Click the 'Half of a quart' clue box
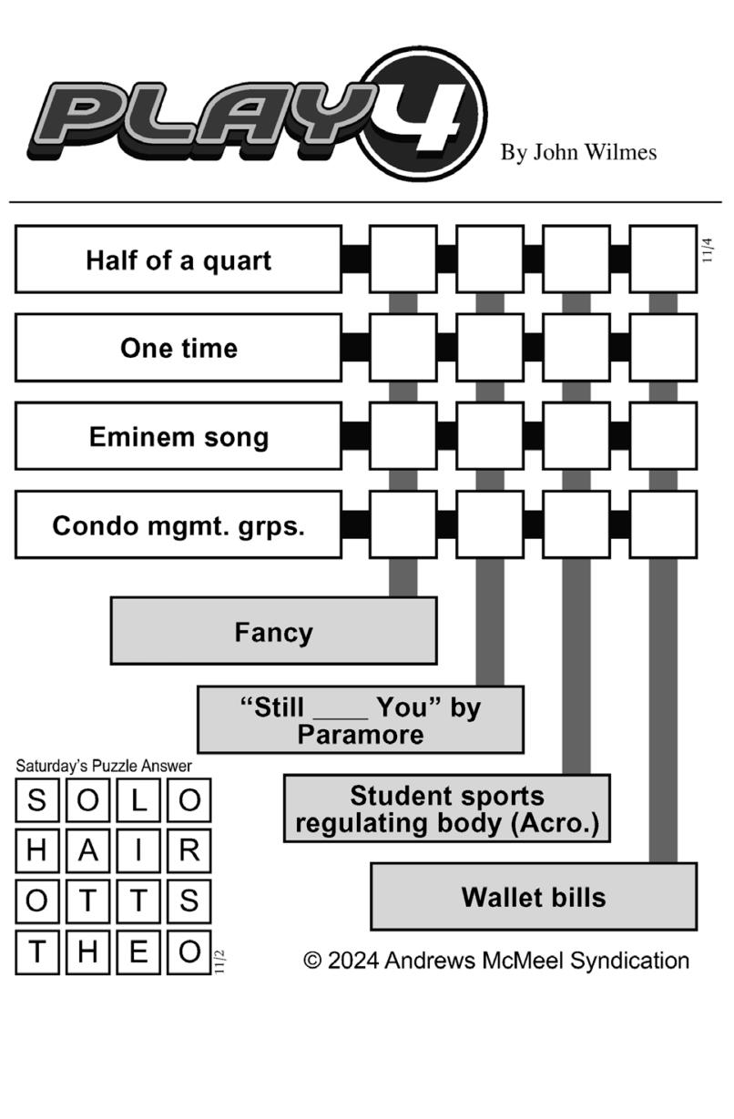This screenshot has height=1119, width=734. (x=178, y=259)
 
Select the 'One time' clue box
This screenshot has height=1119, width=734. (x=178, y=348)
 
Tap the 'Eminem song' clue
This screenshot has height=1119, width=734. (x=178, y=436)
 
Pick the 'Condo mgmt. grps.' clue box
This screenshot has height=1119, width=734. (x=178, y=525)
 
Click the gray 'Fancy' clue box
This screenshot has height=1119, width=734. (x=273, y=631)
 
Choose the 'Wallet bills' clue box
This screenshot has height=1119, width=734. (x=534, y=897)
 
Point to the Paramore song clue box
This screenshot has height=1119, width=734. (x=361, y=720)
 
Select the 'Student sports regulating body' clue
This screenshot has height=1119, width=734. (x=447, y=809)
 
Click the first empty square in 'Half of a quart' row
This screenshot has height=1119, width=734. (x=403, y=259)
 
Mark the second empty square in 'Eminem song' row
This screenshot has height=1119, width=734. (x=490, y=436)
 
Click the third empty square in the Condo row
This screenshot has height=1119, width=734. (x=576, y=525)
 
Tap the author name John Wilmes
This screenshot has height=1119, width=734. (x=578, y=152)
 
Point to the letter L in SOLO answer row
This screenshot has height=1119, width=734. (x=138, y=800)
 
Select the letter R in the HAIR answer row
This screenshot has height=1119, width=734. (x=189, y=851)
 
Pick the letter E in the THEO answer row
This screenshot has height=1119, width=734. (x=138, y=951)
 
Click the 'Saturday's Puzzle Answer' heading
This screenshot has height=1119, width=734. (x=104, y=766)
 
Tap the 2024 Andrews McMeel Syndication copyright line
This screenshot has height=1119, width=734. (x=496, y=960)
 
